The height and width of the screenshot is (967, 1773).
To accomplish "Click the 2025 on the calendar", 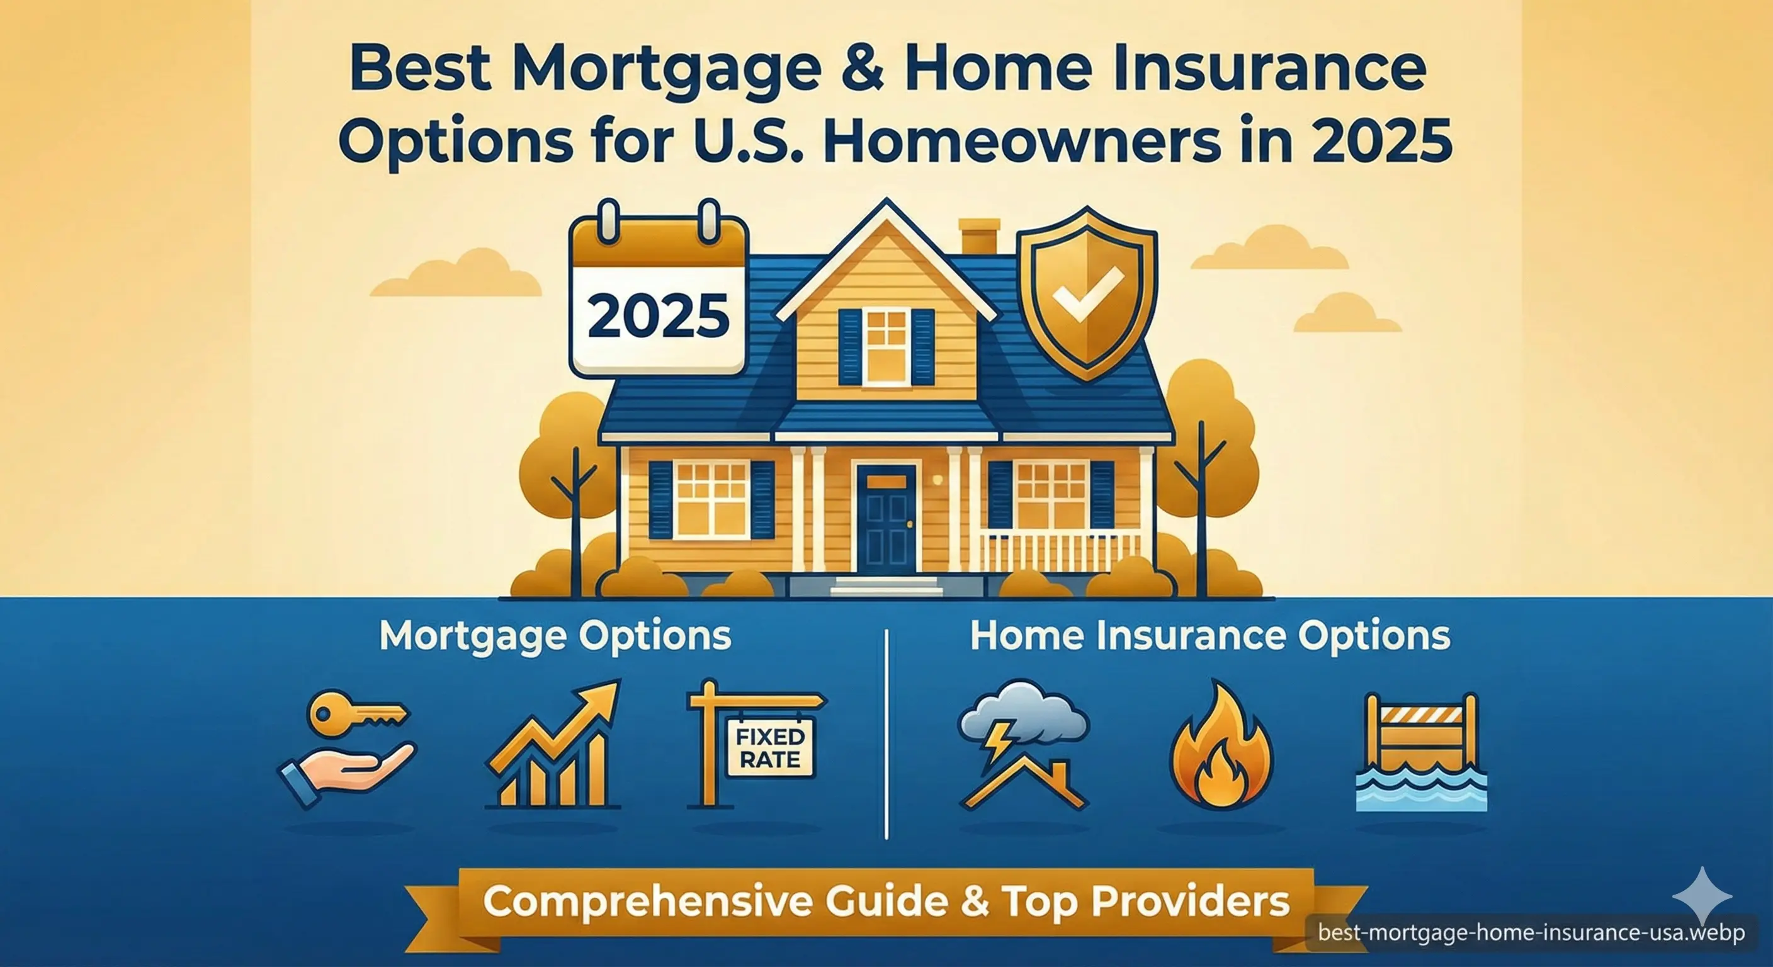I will pyautogui.click(x=658, y=316).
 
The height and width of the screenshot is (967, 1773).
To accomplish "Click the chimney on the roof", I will pyautogui.click(x=978, y=237).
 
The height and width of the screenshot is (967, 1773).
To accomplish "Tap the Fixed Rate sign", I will pyautogui.click(x=770, y=747).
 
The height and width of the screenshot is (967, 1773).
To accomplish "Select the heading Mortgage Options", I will pyautogui.click(x=555, y=636).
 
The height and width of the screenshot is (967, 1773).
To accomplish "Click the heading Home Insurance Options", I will pyautogui.click(x=1209, y=636).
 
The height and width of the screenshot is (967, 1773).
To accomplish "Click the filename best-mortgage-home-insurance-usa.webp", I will pyautogui.click(x=1531, y=932).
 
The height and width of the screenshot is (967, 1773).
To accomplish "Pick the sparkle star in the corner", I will pyautogui.click(x=1701, y=895).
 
